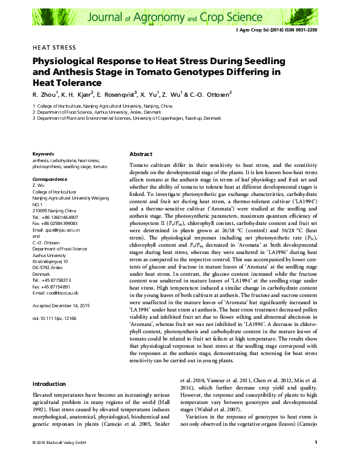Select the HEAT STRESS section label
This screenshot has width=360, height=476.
[x=54, y=47]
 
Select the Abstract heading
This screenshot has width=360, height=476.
[x=141, y=154]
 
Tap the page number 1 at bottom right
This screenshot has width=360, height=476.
[x=316, y=460]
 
